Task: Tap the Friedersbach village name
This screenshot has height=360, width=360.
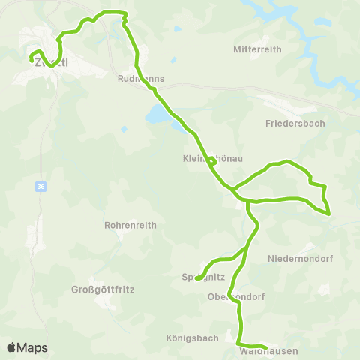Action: tap(295, 123)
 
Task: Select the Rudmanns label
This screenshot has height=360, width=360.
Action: tap(141, 78)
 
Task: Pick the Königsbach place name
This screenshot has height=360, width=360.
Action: tap(189, 338)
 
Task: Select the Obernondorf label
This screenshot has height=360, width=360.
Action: tap(236, 296)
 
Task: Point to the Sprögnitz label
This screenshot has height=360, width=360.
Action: tap(200, 276)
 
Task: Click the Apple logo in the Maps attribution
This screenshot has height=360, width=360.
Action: tap(11, 347)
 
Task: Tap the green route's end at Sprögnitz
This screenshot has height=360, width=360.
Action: tap(196, 279)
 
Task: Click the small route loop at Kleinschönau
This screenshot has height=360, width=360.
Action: tap(212, 160)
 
